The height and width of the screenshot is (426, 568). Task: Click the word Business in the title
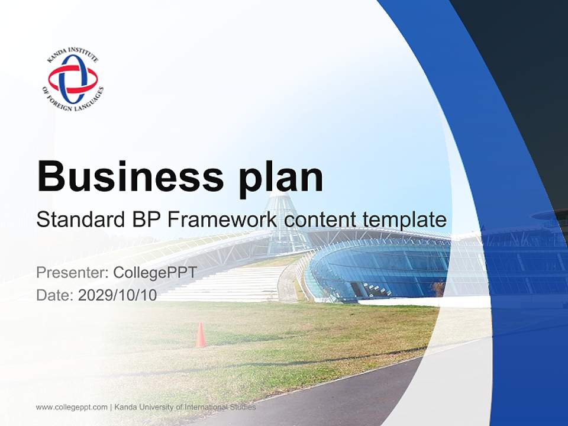(x=125, y=176)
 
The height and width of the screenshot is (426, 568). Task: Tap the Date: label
(x=55, y=295)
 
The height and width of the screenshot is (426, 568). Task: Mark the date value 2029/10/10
(x=118, y=295)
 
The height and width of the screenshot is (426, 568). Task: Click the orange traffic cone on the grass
(x=201, y=335)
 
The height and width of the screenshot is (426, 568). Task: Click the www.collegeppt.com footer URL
(x=72, y=407)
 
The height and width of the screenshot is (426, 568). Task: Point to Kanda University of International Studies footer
(x=185, y=407)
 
